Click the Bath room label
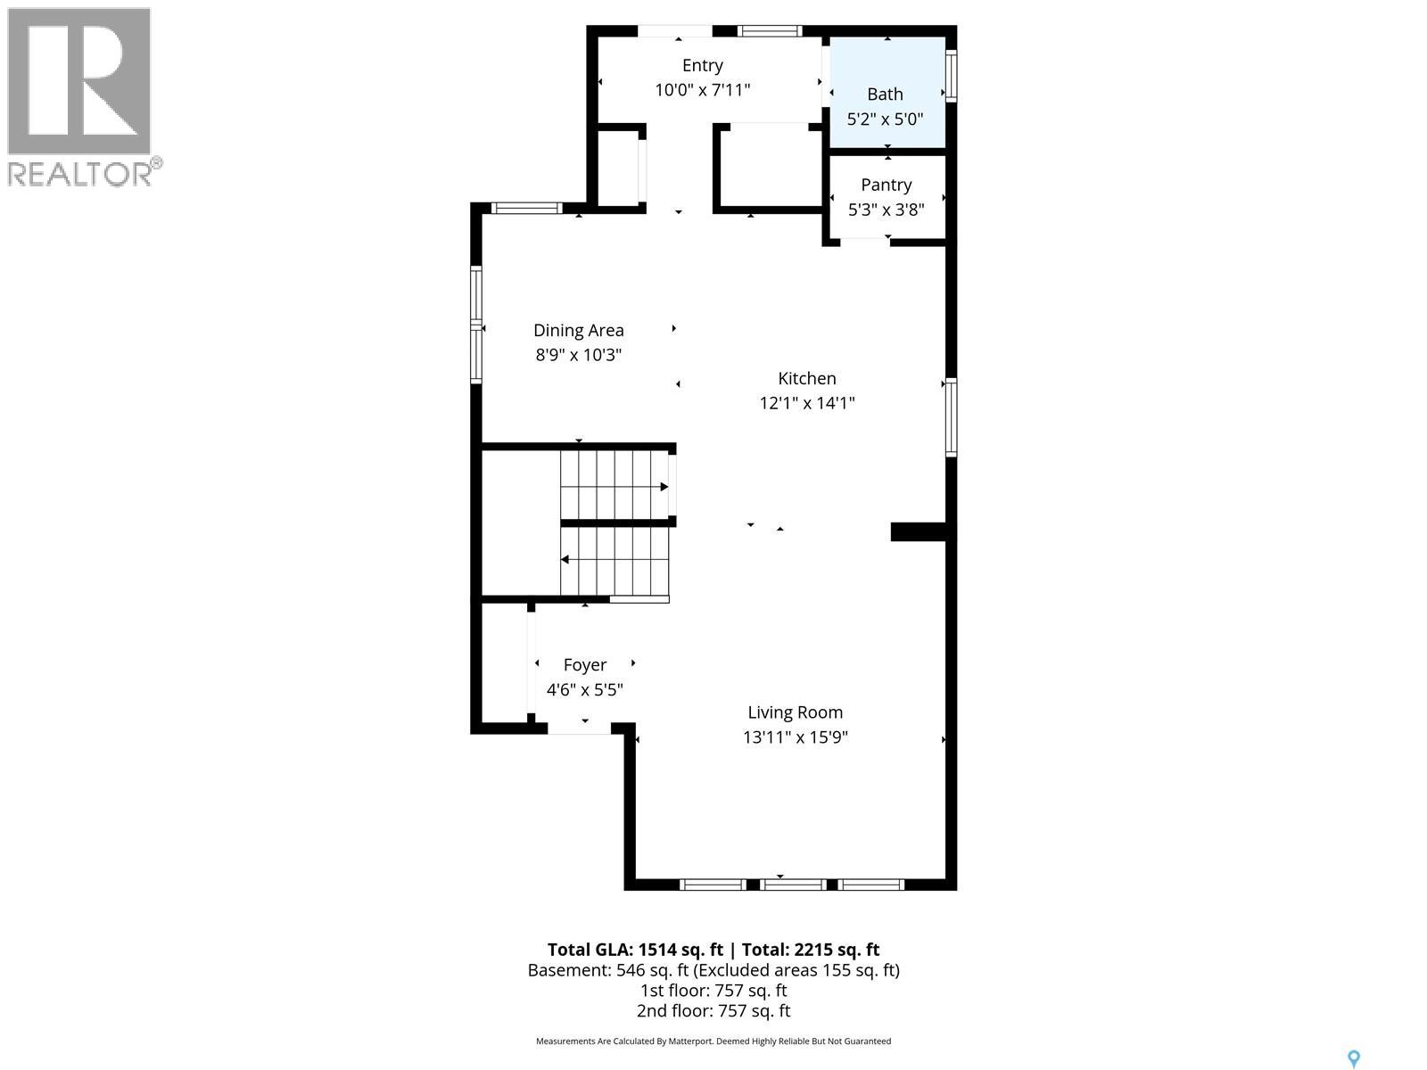pyautogui.click(x=885, y=94)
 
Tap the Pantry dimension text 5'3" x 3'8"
pyautogui.click(x=886, y=210)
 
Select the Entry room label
pyautogui.click(x=702, y=65)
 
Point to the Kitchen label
pyautogui.click(x=806, y=378)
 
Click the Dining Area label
pyautogui.click(x=578, y=330)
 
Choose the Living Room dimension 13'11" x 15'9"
pyautogui.click(x=795, y=737)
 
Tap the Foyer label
pyautogui.click(x=584, y=664)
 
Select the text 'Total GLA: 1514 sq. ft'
pyautogui.click(x=635, y=950)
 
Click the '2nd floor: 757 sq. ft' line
pyautogui.click(x=713, y=1010)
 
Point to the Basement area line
pyautogui.click(x=713, y=970)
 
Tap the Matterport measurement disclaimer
pyautogui.click(x=713, y=1041)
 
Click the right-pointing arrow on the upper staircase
pyautogui.click(x=664, y=487)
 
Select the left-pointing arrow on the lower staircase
pyautogui.click(x=565, y=560)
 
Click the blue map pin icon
pyautogui.click(x=1353, y=1058)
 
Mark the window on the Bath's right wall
pyautogui.click(x=952, y=77)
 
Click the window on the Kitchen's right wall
pyautogui.click(x=952, y=417)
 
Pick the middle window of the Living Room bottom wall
pyautogui.click(x=793, y=885)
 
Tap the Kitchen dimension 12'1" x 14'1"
pyautogui.click(x=806, y=403)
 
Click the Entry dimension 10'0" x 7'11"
pyautogui.click(x=702, y=90)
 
